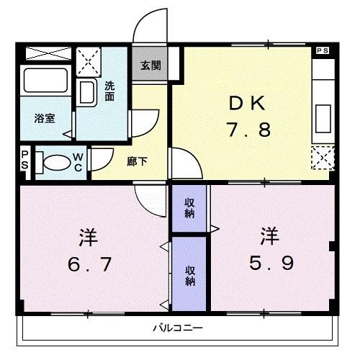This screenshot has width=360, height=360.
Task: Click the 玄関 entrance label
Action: tap(150, 66)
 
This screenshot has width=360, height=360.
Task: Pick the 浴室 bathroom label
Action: tap(45, 119)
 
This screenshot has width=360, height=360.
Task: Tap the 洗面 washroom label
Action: tap(109, 91)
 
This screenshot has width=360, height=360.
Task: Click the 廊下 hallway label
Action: tap(137, 161)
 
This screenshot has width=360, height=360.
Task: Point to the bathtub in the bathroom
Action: tap(45, 81)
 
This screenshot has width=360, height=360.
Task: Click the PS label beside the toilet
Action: tap(24, 161)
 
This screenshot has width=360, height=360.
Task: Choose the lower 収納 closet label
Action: tap(189, 275)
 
